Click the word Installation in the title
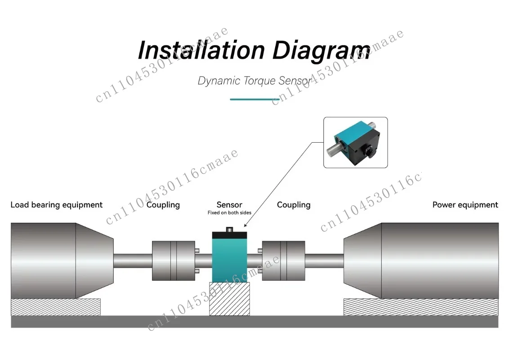201,50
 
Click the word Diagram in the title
321,51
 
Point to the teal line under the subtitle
255,99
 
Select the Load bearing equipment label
57,205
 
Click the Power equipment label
465,205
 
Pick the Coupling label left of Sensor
163,205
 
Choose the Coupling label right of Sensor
294,205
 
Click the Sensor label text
229,205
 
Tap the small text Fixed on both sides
229,213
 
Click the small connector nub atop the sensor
229,229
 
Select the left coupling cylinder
174,261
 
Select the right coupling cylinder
283,261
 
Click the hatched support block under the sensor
229,299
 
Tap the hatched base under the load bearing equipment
56,307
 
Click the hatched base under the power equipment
421,307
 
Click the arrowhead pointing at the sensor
246,225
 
